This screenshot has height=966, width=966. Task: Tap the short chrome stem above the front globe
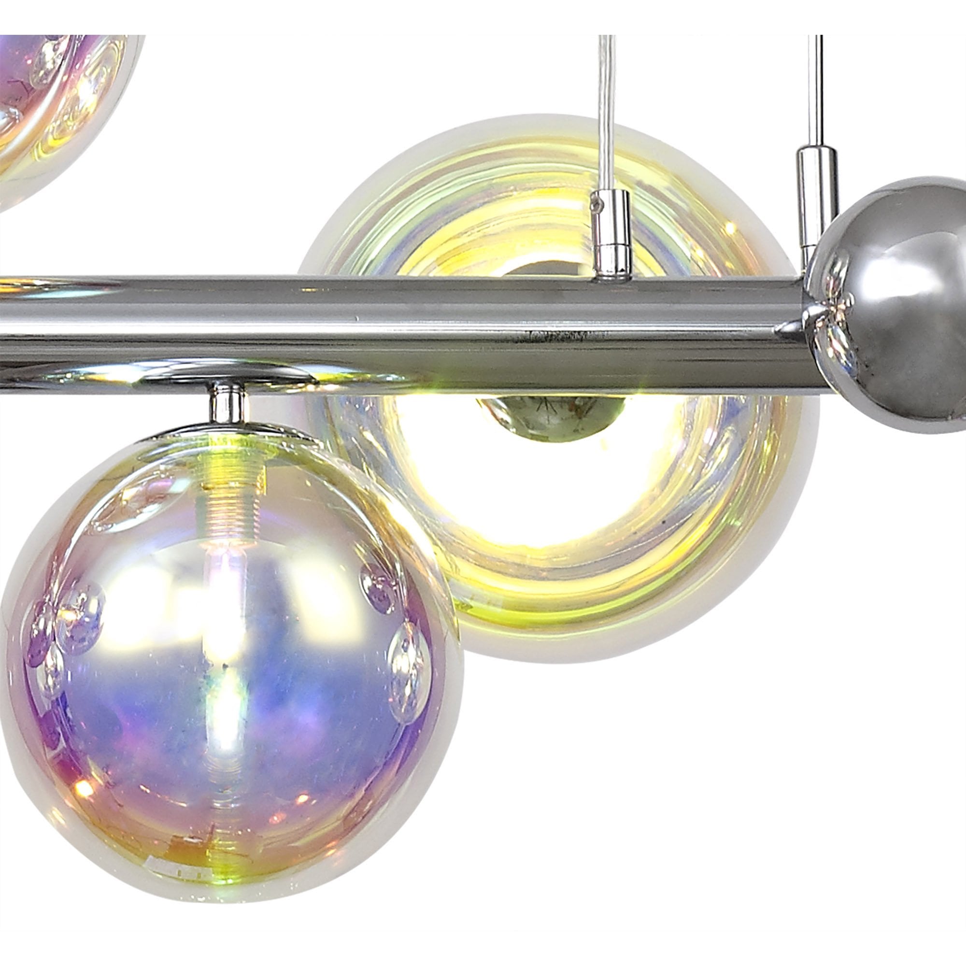[228, 403]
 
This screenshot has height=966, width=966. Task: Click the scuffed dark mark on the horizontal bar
[560, 336]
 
